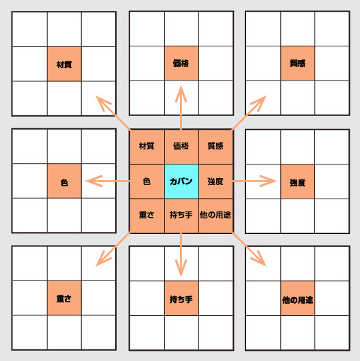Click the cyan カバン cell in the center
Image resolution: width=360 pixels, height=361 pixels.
[181, 182]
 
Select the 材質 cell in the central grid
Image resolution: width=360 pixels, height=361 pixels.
[147, 147]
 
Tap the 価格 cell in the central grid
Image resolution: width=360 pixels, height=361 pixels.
[181, 147]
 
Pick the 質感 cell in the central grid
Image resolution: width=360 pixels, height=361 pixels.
[215, 147]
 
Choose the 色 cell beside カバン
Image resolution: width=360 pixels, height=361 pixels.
[147, 182]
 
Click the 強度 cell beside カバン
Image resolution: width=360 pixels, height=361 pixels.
[215, 182]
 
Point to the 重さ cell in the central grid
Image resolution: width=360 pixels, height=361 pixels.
[147, 216]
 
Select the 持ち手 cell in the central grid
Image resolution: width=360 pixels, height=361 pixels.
[181, 216]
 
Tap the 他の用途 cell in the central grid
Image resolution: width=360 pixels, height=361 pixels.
[215, 216]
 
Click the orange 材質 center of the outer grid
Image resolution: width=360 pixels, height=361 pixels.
[64, 64]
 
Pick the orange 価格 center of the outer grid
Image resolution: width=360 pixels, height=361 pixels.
[181, 63]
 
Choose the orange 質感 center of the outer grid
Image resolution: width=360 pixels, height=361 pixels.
[298, 63]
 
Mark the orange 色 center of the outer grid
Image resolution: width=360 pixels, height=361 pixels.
[64, 181]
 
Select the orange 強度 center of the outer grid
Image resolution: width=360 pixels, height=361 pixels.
[298, 182]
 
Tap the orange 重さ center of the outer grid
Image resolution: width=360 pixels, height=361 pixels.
[64, 298]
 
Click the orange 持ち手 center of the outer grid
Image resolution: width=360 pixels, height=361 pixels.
[181, 298]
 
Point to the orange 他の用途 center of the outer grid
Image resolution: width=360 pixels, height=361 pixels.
[298, 298]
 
